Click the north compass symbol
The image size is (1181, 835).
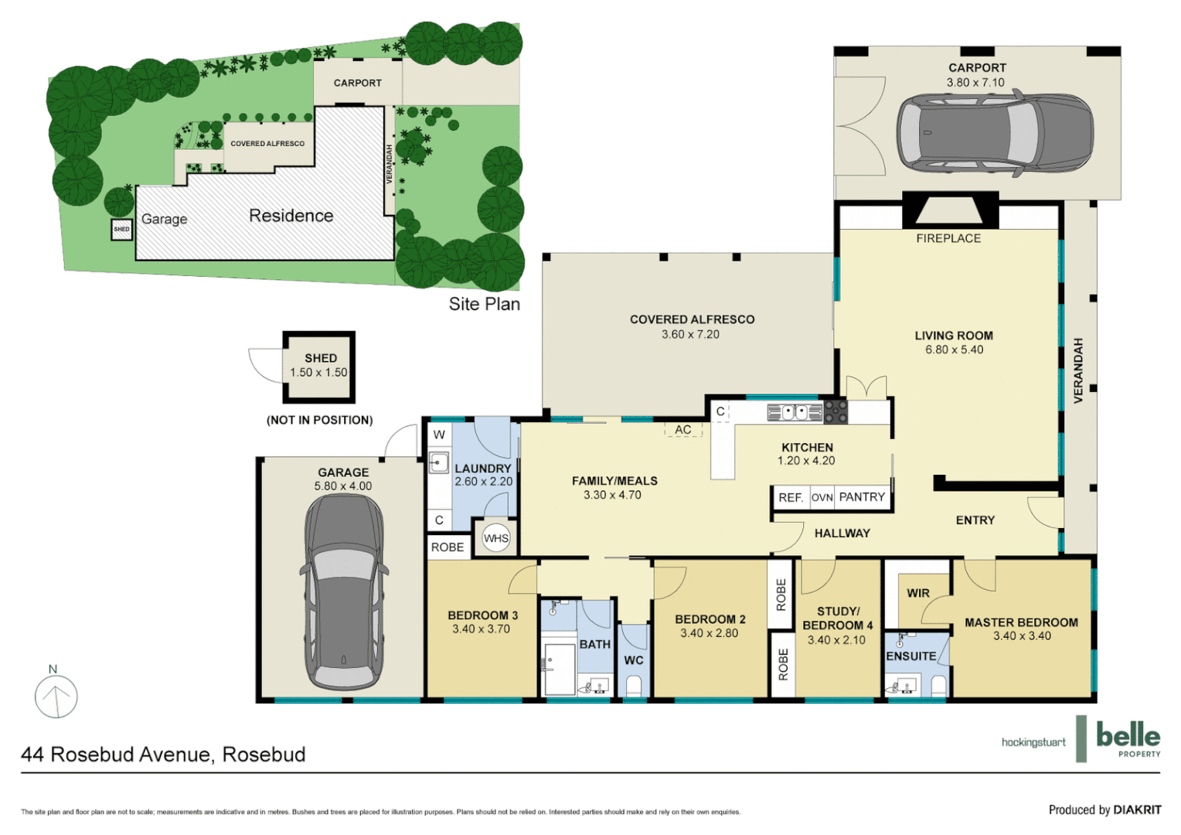[x=56, y=696]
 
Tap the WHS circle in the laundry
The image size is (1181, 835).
[x=496, y=538]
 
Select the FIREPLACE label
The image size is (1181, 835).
[x=948, y=238]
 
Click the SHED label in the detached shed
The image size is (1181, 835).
[x=320, y=358]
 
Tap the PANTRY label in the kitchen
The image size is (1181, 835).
[x=862, y=497]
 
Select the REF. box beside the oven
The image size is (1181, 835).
[x=791, y=497]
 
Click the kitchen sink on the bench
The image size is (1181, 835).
[x=794, y=412]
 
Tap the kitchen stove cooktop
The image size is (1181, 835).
[x=836, y=412]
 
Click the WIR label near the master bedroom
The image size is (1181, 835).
[x=918, y=593]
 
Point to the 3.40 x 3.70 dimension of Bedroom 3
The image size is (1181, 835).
[x=481, y=629]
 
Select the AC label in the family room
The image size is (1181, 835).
[x=683, y=430]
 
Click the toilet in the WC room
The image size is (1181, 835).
[x=634, y=686]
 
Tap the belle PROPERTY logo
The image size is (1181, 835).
[x=1128, y=739]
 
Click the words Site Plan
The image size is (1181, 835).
[x=484, y=304]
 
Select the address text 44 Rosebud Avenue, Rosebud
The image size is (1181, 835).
[x=163, y=755]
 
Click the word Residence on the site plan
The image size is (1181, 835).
[x=291, y=216]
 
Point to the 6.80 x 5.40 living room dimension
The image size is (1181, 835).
[x=954, y=349]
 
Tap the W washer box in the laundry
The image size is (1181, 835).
[x=439, y=435]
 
